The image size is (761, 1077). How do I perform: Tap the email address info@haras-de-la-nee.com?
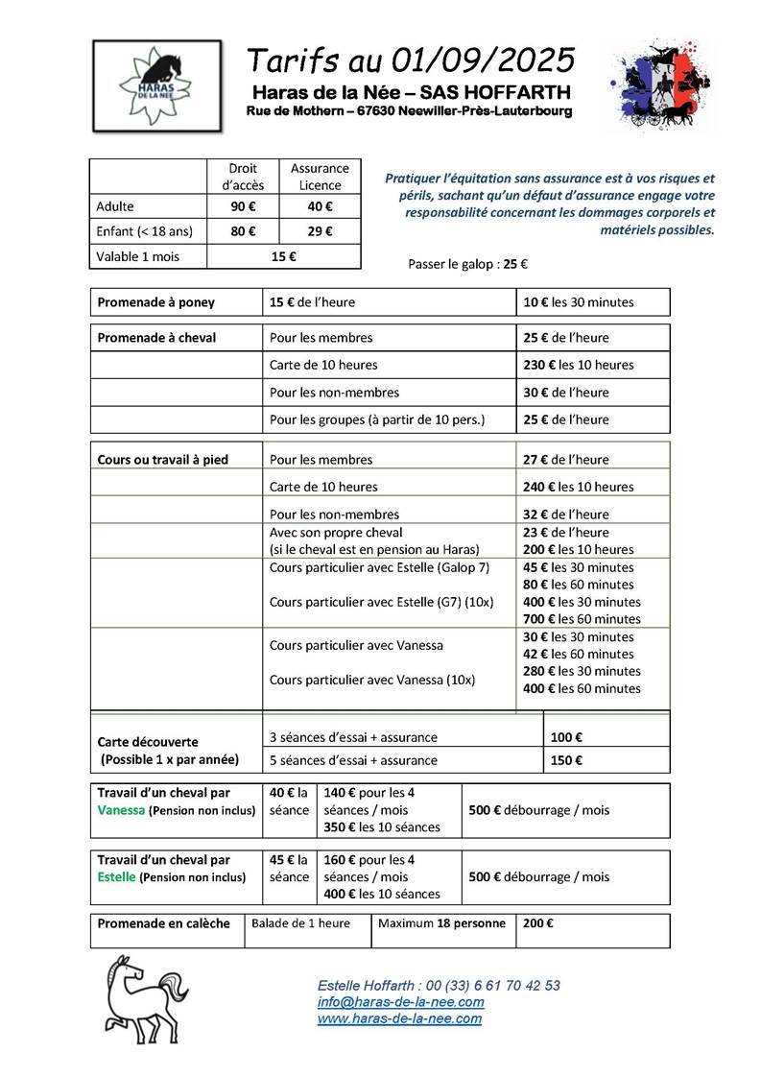(x=400, y=1002)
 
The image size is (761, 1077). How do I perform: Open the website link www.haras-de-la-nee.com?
(x=399, y=1018)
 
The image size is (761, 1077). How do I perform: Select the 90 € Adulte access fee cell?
(x=243, y=206)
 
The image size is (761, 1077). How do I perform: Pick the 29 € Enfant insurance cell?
(x=320, y=231)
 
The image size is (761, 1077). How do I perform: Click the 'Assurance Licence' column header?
(x=320, y=176)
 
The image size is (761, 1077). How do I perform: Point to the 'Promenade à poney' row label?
(x=156, y=302)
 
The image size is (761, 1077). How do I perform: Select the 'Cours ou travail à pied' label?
(x=163, y=460)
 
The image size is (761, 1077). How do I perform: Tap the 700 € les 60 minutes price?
(x=582, y=619)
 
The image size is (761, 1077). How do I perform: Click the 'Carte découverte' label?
(x=148, y=742)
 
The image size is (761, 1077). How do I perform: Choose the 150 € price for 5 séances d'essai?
(x=567, y=760)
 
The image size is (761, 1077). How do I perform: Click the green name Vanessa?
(x=121, y=810)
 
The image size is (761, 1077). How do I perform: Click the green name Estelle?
(x=117, y=877)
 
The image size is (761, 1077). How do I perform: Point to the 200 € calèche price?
(x=537, y=923)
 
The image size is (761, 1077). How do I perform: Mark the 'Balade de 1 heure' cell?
(x=300, y=923)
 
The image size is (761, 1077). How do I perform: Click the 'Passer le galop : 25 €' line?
(x=468, y=264)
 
